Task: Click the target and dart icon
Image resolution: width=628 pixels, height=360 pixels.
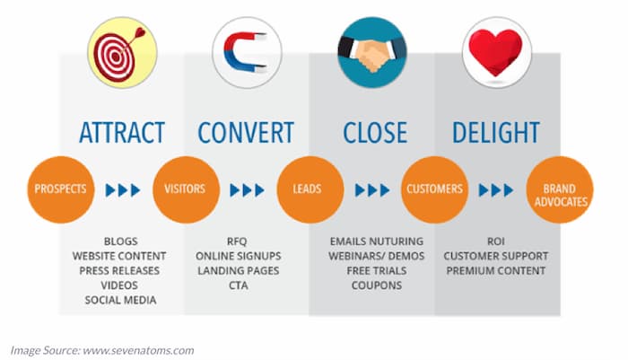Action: [122, 52]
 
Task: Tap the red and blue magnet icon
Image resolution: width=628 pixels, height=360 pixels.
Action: [247, 52]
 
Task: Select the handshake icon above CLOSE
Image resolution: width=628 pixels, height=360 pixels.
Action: [372, 52]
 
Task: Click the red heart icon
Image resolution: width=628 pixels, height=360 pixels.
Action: [497, 52]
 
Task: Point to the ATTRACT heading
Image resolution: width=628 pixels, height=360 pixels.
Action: [122, 133]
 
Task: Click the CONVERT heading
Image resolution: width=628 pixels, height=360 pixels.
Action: [246, 133]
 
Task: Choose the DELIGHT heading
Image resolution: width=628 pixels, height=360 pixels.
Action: [496, 133]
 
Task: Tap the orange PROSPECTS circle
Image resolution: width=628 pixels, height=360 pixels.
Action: [60, 189]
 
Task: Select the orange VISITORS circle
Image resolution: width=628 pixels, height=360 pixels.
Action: [186, 189]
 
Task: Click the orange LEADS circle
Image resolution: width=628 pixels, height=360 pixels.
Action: [310, 189]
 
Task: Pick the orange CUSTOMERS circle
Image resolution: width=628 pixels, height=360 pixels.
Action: [434, 189]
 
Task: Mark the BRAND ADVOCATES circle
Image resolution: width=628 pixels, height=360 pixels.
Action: [560, 189]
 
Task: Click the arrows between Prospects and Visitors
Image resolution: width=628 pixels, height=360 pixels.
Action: [123, 190]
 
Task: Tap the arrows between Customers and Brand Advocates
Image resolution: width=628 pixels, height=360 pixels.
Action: [496, 190]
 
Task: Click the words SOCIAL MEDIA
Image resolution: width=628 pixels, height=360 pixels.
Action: [120, 300]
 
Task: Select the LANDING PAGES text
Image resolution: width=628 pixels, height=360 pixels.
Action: [239, 270]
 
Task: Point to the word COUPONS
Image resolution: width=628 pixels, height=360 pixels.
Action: [377, 285]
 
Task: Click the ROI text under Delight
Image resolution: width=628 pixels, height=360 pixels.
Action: [496, 241]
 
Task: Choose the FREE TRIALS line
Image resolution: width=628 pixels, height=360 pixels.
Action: [377, 270]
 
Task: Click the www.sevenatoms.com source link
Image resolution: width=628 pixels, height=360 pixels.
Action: [138, 350]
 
